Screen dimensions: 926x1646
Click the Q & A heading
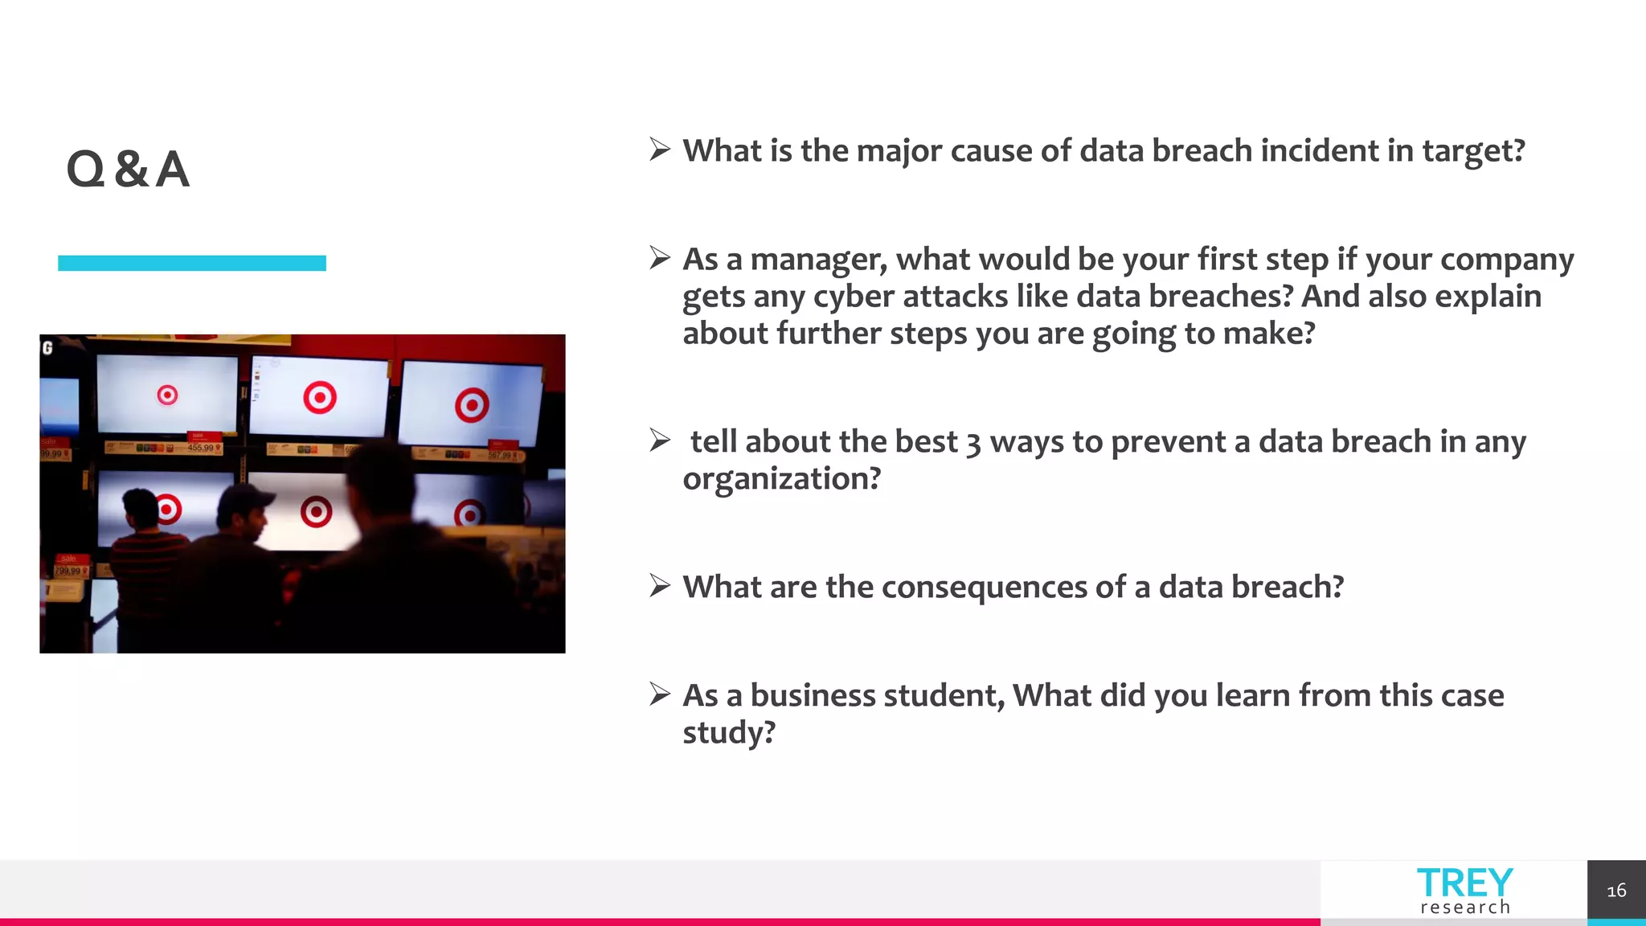click(x=128, y=170)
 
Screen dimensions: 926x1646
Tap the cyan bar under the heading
click(x=191, y=263)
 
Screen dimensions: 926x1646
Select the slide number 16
click(x=1615, y=891)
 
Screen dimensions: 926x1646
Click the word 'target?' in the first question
click(x=1473, y=151)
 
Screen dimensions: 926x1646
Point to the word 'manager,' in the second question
click(x=818, y=260)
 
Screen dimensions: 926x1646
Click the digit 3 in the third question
click(x=973, y=443)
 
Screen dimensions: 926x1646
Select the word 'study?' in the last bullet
click(x=728, y=733)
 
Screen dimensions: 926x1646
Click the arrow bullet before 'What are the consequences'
click(x=660, y=586)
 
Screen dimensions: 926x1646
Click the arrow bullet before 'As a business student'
click(x=660, y=694)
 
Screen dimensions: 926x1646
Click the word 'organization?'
click(x=781, y=479)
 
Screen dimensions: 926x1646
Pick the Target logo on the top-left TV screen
click(x=167, y=395)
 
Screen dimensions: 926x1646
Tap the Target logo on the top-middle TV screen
click(x=319, y=397)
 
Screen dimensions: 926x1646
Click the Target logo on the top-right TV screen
click(x=472, y=404)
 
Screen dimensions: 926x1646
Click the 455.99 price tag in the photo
click(x=201, y=448)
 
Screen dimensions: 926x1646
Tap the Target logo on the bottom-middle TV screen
click(x=316, y=512)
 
